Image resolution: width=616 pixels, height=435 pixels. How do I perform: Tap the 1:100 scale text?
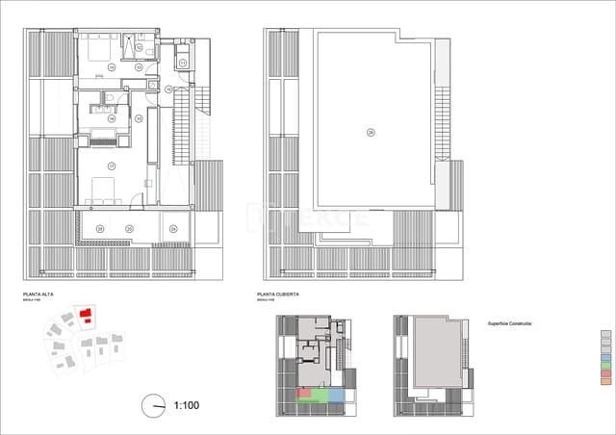coord(186,405)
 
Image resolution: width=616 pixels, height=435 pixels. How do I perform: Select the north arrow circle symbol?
coord(152,406)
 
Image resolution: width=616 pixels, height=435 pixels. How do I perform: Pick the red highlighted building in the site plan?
coord(86,316)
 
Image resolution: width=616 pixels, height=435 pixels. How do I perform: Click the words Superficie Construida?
coord(509,324)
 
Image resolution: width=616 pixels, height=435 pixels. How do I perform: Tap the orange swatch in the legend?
coord(604,381)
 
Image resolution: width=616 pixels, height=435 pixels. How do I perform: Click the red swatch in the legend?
coord(604,373)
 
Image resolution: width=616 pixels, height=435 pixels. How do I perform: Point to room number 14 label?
coord(112,66)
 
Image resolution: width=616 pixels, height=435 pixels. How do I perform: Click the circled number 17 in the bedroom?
coord(112,166)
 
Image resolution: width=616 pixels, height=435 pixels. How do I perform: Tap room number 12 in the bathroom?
coord(140,46)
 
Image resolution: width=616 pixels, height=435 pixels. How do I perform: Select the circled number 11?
coord(181,63)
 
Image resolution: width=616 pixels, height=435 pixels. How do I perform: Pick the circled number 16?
coord(112,118)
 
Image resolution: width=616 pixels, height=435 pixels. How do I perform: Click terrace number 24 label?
coord(173,228)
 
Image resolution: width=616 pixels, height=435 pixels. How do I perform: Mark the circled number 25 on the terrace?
coord(100,228)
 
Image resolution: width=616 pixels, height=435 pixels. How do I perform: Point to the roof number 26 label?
coord(370,133)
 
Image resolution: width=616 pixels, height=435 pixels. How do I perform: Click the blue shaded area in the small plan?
coord(336,395)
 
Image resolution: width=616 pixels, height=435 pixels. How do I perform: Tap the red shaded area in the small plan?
coord(304,394)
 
